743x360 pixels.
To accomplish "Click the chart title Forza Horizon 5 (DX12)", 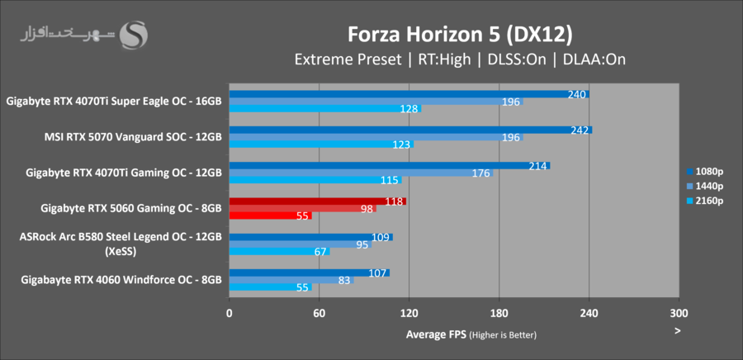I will [x=460, y=35].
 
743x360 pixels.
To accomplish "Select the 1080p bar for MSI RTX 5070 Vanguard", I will [x=410, y=130].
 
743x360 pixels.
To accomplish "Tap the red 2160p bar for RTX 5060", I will [x=270, y=216].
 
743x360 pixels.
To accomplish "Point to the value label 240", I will [x=577, y=94].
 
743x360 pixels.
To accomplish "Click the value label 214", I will [x=538, y=166].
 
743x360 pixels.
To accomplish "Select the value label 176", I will [x=481, y=173].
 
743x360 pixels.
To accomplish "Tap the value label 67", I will [x=319, y=252].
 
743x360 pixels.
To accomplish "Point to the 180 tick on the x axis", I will [x=499, y=314].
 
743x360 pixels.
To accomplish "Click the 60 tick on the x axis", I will [x=319, y=314].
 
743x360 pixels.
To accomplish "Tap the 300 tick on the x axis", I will [x=679, y=314].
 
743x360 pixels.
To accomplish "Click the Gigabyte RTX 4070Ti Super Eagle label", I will [x=114, y=102].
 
